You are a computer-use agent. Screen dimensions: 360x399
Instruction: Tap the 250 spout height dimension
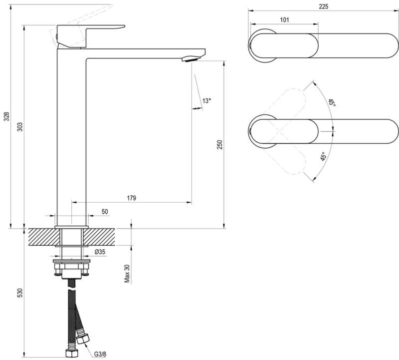point(220,144)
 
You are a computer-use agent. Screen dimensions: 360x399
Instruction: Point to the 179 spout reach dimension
point(131,198)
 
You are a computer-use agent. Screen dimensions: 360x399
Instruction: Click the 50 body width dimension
point(105,212)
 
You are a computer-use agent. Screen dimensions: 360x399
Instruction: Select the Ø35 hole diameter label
point(100,252)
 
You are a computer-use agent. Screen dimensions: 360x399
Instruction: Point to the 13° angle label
point(206,100)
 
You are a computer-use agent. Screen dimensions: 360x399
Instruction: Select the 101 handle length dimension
point(284,20)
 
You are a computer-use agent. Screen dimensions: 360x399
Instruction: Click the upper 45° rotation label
point(331,103)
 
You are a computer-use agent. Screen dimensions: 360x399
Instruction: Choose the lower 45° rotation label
point(323,157)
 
